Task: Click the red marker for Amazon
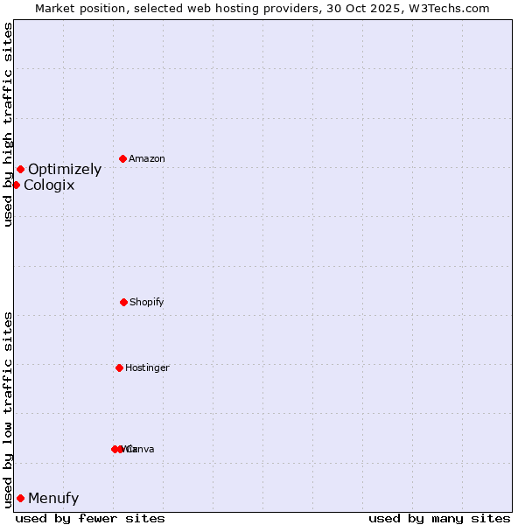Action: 122,158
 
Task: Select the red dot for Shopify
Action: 123,302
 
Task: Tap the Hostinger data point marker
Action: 119,367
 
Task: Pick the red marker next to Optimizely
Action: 20,169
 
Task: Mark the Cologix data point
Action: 16,185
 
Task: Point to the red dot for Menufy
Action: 20,498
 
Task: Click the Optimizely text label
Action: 65,170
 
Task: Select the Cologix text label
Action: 49,185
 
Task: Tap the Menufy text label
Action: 53,499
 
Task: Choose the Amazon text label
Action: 147,159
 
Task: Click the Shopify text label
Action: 147,303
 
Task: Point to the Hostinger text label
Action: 147,368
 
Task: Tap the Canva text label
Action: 140,450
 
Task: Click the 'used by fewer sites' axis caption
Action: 90,518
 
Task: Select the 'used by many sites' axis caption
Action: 439,518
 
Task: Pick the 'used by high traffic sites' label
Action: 8,124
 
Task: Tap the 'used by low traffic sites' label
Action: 8,409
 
